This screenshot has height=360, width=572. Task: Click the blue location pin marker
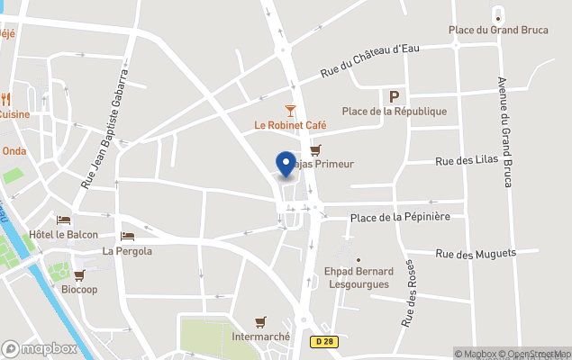286,164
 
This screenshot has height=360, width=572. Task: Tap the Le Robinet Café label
290,126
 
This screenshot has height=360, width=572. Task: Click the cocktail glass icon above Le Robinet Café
290,110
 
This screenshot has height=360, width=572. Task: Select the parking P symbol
393,96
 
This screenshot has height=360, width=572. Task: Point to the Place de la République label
395,112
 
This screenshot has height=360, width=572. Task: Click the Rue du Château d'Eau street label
370,60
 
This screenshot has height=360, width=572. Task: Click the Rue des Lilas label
468,162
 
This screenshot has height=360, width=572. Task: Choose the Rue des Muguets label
475,255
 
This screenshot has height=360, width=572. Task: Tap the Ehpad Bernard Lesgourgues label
359,277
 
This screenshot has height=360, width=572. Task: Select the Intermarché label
260,337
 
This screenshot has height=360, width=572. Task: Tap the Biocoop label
79,290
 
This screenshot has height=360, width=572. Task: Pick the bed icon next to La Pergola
127,237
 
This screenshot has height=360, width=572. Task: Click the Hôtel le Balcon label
63,235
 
